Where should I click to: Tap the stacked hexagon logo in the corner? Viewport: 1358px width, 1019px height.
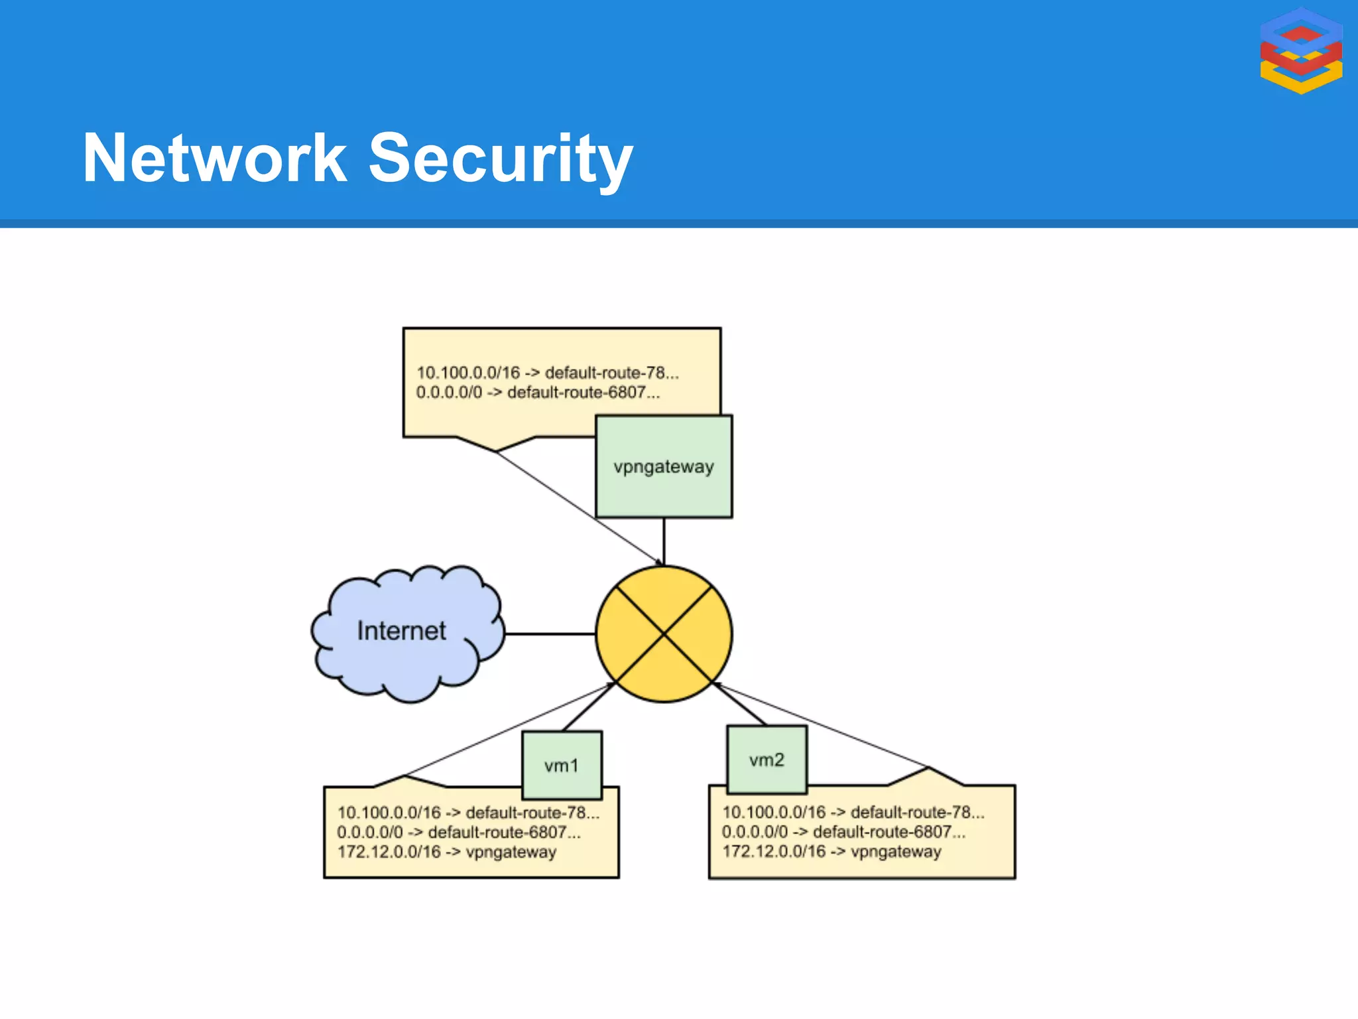(1301, 50)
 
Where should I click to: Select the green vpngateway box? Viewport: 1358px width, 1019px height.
(664, 466)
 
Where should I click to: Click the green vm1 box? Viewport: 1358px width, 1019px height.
(562, 766)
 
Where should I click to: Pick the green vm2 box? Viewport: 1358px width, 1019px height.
(767, 760)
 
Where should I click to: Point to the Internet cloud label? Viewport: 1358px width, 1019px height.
(401, 630)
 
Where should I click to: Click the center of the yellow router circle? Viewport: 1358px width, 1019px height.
(664, 634)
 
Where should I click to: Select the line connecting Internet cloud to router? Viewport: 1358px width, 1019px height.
(550, 634)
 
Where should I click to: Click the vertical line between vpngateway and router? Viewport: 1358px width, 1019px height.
(664, 541)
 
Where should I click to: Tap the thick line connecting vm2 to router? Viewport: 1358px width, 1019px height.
(739, 705)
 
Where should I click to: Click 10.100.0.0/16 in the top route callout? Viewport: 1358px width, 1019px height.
(468, 373)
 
